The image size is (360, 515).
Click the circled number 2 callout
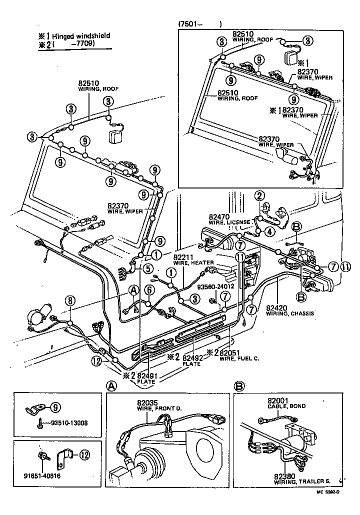coord(259,195)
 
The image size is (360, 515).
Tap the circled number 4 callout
coord(269,231)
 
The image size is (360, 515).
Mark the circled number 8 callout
coord(70,300)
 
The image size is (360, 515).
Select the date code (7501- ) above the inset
coord(199,23)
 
